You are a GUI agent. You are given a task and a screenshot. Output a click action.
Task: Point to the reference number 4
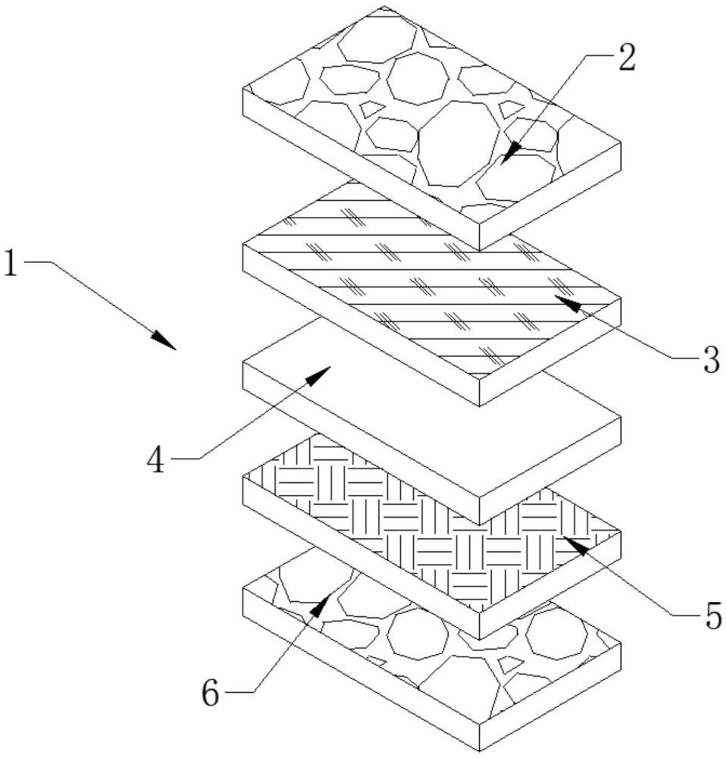coord(156,459)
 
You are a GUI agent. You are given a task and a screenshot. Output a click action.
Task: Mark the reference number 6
coord(210,694)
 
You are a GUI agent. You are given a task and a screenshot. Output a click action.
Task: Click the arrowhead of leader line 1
coord(164,340)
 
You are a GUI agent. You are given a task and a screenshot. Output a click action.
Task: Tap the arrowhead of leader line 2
coord(511,153)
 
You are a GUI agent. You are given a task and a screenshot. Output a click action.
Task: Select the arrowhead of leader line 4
coord(318,375)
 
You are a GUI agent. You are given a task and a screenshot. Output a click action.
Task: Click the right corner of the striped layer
coord(621,299)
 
